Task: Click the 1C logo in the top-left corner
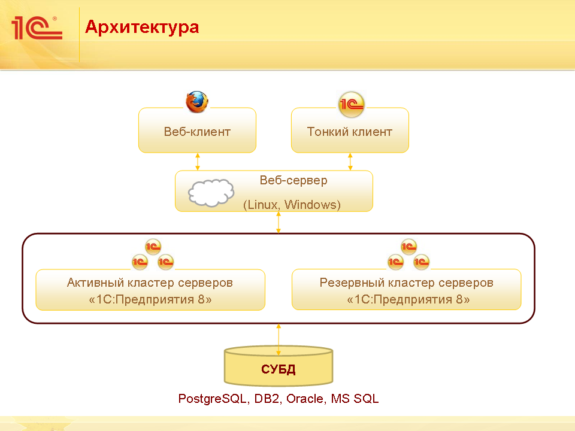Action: coord(37,28)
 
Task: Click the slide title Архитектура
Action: coord(142,27)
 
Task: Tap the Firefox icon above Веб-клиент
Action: coord(196,102)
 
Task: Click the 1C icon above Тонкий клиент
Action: coord(351,105)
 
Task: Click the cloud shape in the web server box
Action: coord(211,192)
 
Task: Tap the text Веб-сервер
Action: coord(293,180)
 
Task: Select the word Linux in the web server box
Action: coord(263,205)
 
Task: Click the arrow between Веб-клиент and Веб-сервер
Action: coord(198,161)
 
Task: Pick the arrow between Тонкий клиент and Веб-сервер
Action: coord(350,161)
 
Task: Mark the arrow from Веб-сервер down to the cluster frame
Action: coord(279,222)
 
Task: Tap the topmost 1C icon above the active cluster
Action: coord(153,246)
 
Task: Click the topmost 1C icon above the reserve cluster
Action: coord(409,246)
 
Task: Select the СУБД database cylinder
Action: coord(279,366)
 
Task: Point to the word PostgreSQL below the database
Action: coord(212,399)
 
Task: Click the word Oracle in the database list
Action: coord(306,399)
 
